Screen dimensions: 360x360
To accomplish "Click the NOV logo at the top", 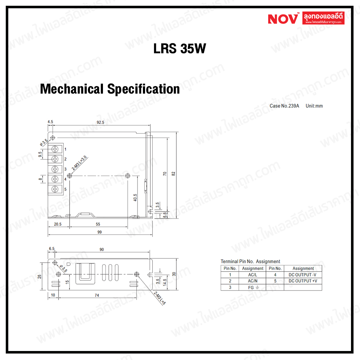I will pyautogui.click(x=283, y=18).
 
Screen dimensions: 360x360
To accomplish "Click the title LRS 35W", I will pyautogui.click(x=180, y=49).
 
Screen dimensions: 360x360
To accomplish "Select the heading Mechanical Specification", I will pyautogui.click(x=110, y=89).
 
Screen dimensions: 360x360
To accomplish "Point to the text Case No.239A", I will pyautogui.click(x=284, y=106).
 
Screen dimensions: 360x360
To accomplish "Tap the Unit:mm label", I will pyautogui.click(x=314, y=106).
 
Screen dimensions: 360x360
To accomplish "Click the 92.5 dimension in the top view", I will pyautogui.click(x=100, y=122).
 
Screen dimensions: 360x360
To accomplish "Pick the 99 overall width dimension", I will pyautogui.click(x=99, y=232).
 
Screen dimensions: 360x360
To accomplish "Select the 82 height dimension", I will pyautogui.click(x=173, y=174).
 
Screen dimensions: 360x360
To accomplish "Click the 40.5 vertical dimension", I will pyautogui.click(x=135, y=198).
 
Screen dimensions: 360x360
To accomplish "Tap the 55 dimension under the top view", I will pyautogui.click(x=98, y=224).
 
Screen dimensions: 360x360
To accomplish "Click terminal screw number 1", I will pyautogui.click(x=55, y=149).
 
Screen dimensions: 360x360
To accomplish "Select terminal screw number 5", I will pyautogui.click(x=55, y=189).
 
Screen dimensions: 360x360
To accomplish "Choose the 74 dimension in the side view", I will pyautogui.click(x=97, y=295).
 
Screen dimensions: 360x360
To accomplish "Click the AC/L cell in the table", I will pyautogui.click(x=252, y=275).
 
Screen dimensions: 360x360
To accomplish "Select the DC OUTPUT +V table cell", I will pyautogui.click(x=303, y=281).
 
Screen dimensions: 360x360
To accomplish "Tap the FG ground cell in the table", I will pyautogui.click(x=252, y=287).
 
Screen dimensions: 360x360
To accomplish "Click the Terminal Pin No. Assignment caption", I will pyautogui.click(x=250, y=262).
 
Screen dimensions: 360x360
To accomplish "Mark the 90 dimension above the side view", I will pyautogui.click(x=102, y=249).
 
